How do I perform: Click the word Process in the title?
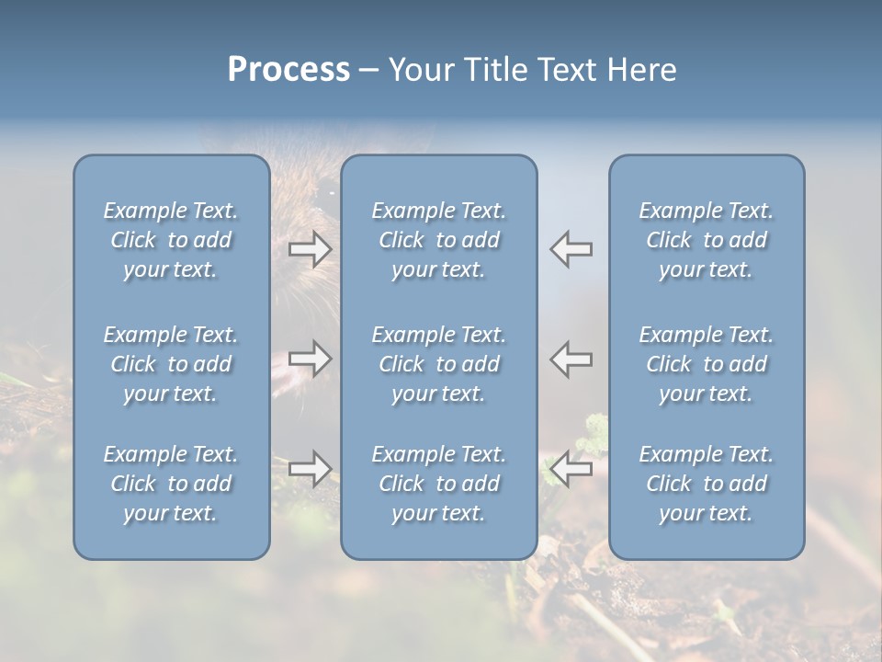288,70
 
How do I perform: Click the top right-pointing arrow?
311,248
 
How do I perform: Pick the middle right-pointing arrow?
311,359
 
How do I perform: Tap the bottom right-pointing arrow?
311,469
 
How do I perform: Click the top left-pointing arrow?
571,248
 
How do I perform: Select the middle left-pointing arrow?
571,359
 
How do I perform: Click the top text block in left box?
171,240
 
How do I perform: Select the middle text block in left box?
171,364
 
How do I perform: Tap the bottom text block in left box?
171,484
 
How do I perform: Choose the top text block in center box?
439,240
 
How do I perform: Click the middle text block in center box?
439,364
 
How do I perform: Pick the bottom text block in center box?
439,484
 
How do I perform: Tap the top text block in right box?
707,240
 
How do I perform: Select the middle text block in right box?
707,364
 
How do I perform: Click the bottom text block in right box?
707,484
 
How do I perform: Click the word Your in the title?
419,70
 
